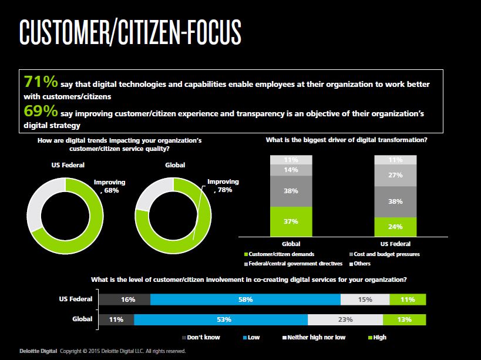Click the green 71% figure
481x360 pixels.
point(41,82)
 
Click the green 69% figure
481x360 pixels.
point(41,110)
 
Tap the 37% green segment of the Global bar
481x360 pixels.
point(291,221)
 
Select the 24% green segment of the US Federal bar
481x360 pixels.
point(395,227)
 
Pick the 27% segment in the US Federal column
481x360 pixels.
point(395,176)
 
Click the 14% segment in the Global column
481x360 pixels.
point(291,170)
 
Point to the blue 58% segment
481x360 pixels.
point(245,300)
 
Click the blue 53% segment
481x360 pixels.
point(221,319)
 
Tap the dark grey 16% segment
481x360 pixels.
point(125,300)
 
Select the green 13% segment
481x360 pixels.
point(404,319)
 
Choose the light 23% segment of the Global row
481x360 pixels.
point(345,319)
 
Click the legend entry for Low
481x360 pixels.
point(251,337)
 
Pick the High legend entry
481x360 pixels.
point(377,337)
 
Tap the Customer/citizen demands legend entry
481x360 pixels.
point(279,254)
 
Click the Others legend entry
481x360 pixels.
point(360,264)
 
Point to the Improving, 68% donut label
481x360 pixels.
point(109,186)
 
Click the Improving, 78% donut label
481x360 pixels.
point(223,186)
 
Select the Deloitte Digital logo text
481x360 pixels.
point(38,351)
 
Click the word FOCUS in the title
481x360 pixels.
point(214,32)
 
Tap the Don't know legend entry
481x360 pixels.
point(201,337)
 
